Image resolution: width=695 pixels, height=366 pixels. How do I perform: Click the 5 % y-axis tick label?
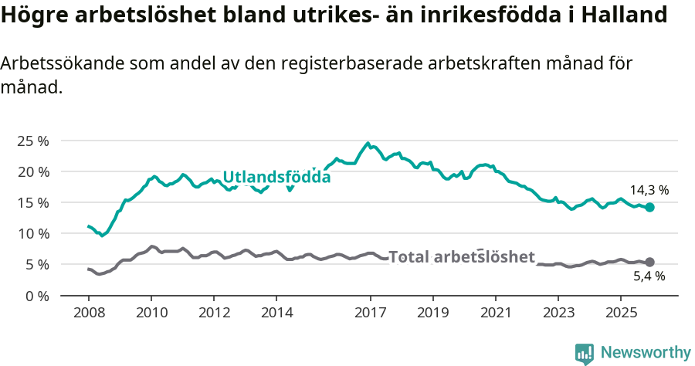tap(37, 264)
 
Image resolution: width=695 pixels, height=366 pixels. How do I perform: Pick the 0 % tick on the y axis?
tap(37, 295)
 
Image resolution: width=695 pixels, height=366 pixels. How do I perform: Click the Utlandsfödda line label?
tap(276, 177)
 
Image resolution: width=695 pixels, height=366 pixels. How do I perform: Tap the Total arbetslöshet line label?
tap(461, 257)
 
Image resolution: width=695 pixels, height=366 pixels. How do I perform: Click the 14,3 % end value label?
tap(649, 190)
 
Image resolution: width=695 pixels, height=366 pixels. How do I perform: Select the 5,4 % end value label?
tap(649, 276)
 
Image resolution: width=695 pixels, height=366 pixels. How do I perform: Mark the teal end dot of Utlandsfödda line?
tap(650, 207)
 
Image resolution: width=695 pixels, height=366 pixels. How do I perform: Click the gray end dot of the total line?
tap(650, 263)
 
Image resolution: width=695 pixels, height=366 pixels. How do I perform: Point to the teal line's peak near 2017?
tap(368, 143)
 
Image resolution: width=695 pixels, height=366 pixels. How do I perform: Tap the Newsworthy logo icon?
tap(584, 353)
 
